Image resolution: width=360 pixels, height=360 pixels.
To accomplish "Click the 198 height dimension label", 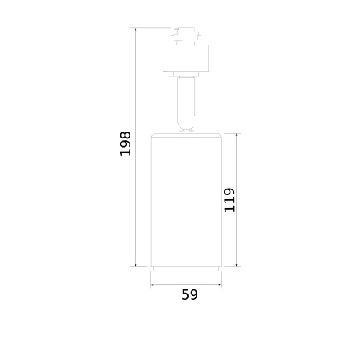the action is point(125,143).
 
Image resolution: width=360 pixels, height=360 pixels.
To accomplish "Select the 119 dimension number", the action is point(229,200).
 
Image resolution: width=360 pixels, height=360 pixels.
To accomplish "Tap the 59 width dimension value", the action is point(189,294).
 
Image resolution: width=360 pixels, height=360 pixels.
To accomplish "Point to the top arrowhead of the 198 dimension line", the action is point(136,30).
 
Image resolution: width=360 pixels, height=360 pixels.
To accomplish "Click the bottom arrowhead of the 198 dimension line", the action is point(136,264).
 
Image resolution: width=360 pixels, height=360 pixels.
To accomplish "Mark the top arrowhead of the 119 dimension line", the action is point(237,135).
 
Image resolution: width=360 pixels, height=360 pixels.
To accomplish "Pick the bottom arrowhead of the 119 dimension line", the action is point(237,264).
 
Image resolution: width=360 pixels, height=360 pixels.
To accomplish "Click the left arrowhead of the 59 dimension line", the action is point(153,285).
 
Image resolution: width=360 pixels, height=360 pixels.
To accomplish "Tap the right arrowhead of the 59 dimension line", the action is point(219,285).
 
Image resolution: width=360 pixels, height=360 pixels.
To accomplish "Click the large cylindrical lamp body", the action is point(186,199).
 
